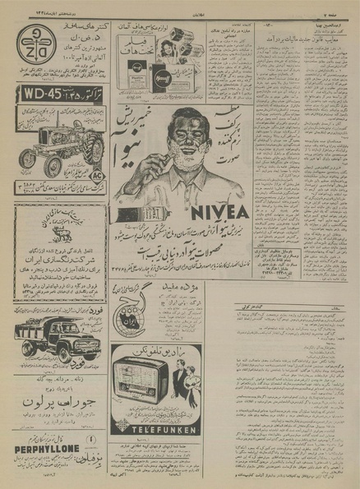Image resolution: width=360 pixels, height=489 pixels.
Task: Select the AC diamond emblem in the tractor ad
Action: pyautogui.click(x=96, y=175)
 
